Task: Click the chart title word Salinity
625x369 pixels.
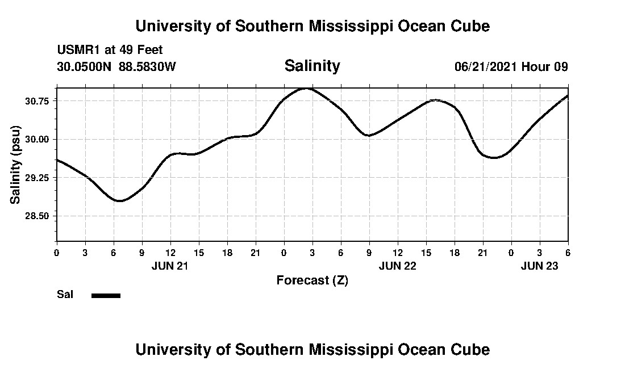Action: [312, 66]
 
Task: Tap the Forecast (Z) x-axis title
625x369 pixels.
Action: [312, 280]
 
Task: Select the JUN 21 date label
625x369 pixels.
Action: [170, 266]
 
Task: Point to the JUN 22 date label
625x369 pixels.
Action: [397, 266]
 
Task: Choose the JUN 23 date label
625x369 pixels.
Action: [539, 266]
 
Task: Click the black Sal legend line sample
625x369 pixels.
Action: [106, 295]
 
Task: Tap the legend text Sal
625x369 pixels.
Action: [65, 295]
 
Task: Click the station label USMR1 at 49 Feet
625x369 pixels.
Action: [110, 51]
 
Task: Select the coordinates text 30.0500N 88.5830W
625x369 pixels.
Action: [116, 66]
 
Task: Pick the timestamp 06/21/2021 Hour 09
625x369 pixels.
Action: [511, 66]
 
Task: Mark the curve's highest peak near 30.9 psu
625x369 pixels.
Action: [307, 89]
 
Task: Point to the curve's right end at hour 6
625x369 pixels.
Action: [567, 96]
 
